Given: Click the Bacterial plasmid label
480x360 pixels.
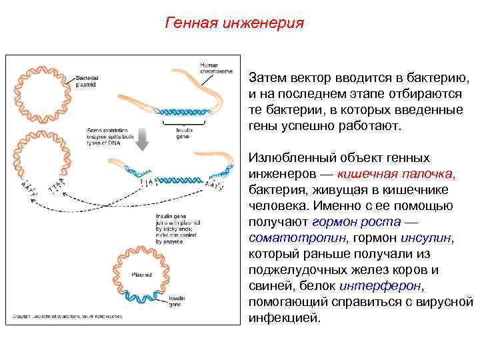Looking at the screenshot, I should [88, 81].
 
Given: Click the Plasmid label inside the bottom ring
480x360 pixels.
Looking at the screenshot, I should [141, 274].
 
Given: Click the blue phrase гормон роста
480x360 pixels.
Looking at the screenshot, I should [347, 222].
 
